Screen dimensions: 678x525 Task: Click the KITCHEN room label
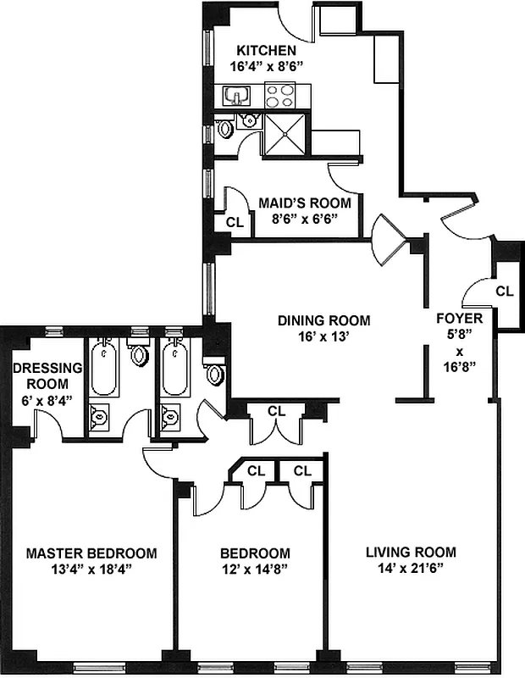tap(266, 50)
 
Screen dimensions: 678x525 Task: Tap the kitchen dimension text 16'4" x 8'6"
tap(266, 65)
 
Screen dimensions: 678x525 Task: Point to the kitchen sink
tap(235, 95)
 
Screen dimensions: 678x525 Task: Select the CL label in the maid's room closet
tap(236, 223)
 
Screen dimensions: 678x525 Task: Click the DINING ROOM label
tap(324, 320)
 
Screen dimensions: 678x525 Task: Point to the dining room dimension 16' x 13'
tap(324, 336)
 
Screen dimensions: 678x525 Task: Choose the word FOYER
tap(459, 319)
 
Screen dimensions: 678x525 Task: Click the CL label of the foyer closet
tap(505, 291)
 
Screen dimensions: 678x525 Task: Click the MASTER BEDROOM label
tap(91, 553)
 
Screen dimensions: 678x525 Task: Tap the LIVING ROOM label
tap(411, 553)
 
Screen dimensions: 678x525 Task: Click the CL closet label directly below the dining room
tap(276, 411)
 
